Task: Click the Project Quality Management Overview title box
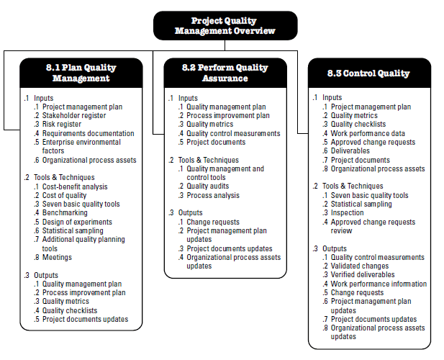[x=225, y=25]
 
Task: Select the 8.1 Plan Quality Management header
[x=80, y=73]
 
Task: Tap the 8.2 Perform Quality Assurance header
[x=225, y=73]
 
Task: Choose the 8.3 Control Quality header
[x=368, y=73]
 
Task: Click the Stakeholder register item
[x=73, y=115]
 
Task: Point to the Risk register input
[x=62, y=124]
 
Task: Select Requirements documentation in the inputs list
[x=88, y=133]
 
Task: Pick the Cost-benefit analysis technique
[x=74, y=186]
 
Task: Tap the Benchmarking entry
[x=65, y=213]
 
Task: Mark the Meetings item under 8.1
[x=57, y=257]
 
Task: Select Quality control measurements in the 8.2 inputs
[x=233, y=133]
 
